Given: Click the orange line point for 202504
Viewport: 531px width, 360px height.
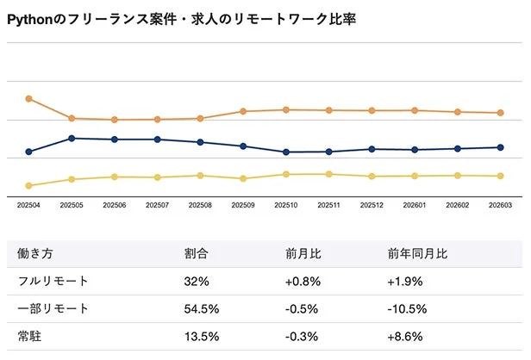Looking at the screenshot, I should click(x=29, y=99).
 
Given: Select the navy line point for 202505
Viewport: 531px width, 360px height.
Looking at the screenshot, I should click(x=72, y=139).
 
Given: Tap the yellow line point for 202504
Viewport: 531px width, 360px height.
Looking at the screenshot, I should click(x=29, y=185).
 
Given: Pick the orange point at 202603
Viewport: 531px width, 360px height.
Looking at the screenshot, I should click(x=502, y=113).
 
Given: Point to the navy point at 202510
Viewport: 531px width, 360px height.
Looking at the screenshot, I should click(x=286, y=152).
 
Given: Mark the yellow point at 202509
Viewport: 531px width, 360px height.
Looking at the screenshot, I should click(x=243, y=179).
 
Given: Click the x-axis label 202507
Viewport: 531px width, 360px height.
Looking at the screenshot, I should click(x=157, y=206).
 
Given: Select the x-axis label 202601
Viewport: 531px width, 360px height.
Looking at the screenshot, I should click(x=415, y=206).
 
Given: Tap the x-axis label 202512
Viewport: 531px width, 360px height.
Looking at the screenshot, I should click(x=372, y=206).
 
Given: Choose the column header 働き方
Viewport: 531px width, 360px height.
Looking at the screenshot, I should click(x=35, y=254).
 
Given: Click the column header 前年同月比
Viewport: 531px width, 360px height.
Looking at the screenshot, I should click(x=417, y=254).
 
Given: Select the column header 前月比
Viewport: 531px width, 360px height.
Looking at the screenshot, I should click(x=303, y=254).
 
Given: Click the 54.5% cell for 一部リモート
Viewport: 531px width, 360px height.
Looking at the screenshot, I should click(x=202, y=308).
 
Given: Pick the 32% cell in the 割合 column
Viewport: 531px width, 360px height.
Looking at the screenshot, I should click(x=195, y=281).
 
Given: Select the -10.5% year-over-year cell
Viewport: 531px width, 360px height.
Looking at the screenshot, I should click(x=408, y=308).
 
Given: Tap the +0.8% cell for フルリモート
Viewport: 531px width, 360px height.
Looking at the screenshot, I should click(x=303, y=281).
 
